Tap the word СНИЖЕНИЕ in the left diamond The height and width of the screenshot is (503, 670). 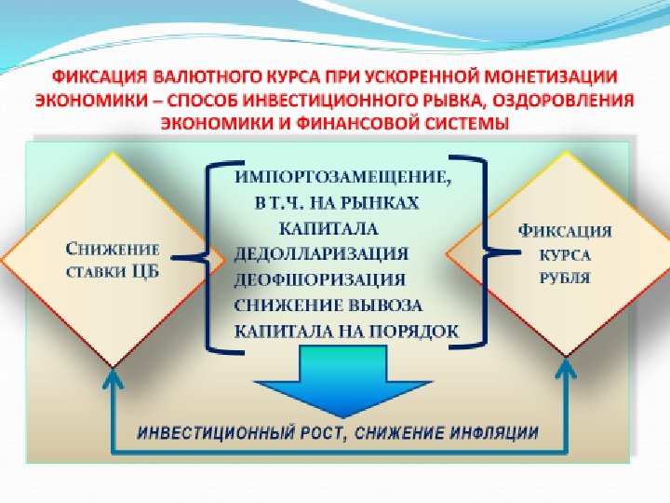[112, 249]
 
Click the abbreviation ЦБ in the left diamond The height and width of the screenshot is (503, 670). [144, 272]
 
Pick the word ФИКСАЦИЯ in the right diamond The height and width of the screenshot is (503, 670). [565, 230]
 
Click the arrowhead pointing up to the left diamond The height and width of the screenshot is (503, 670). [113, 376]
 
